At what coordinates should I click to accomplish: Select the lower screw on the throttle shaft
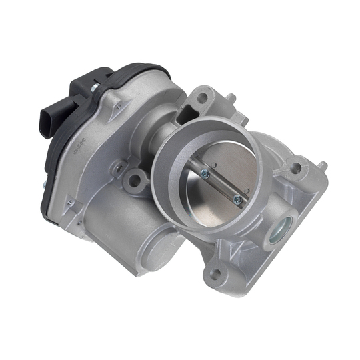tap(236, 198)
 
